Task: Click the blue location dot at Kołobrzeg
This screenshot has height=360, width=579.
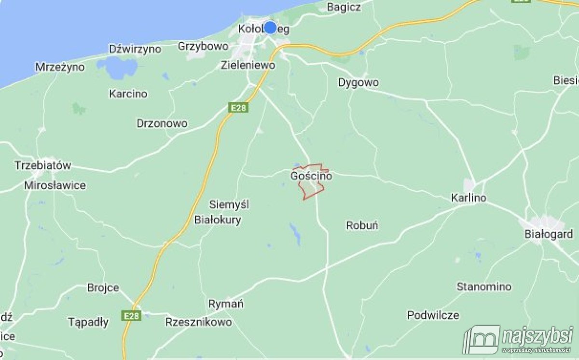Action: click(x=270, y=28)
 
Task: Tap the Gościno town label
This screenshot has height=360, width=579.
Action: click(x=311, y=177)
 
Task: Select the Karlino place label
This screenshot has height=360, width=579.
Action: click(x=469, y=198)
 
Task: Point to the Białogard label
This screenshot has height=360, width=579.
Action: click(x=549, y=235)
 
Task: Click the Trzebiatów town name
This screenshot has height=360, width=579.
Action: click(x=43, y=166)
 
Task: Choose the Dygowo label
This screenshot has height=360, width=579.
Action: click(x=358, y=83)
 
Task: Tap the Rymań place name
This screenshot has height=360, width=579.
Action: click(x=226, y=304)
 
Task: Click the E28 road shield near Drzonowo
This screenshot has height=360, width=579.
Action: click(x=239, y=109)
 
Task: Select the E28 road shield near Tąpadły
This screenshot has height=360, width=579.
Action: click(x=131, y=316)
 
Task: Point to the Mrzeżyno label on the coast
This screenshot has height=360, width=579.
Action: click(x=60, y=67)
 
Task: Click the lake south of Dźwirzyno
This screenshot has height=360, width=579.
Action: click(x=116, y=68)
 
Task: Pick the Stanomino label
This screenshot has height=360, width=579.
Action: click(x=484, y=287)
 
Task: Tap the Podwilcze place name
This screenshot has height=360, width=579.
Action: click(x=433, y=316)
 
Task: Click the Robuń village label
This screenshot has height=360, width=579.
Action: click(x=362, y=225)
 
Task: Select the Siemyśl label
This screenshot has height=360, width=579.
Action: click(x=229, y=205)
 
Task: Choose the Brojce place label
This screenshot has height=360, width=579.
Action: click(x=103, y=288)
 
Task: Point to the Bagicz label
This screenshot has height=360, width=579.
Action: click(x=344, y=7)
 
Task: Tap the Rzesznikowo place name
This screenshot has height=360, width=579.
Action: click(x=198, y=322)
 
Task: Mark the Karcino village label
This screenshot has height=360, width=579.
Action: click(x=128, y=94)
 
